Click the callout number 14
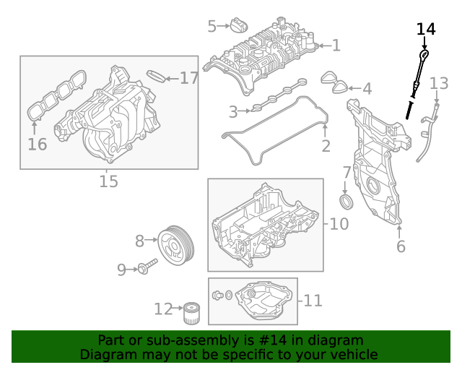point(426,29)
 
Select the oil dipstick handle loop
point(424,56)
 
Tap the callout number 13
point(439,84)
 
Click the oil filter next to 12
point(191,313)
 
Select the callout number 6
point(401,246)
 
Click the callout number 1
point(336,46)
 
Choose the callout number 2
point(325,147)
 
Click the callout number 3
point(233,111)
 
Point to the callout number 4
point(367,89)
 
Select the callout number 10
point(339,224)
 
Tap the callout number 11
point(313,300)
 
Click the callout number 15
point(108,181)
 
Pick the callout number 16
point(37,144)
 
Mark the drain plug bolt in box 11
point(217,295)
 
